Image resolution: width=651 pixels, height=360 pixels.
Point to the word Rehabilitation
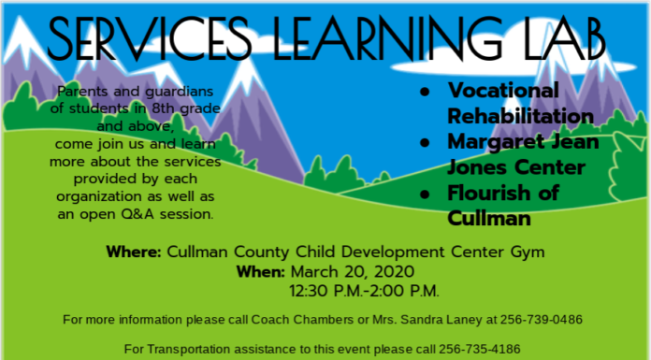(x=520, y=116)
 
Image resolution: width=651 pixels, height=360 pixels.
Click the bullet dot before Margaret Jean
(x=425, y=143)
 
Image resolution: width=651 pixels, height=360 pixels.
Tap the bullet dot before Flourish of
(x=425, y=194)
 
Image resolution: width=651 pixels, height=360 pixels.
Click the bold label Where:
(x=134, y=252)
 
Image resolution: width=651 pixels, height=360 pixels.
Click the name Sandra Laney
(x=441, y=320)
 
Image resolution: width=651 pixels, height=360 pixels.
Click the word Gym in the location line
(x=525, y=252)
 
